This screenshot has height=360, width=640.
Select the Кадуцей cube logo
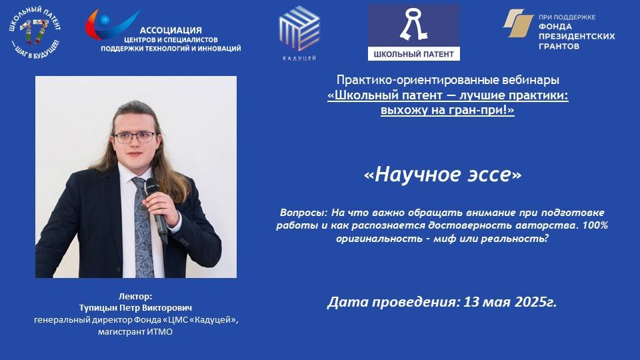[x=299, y=28]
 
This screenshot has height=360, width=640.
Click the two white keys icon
[x=413, y=25]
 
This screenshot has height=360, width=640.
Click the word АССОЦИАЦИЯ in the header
[x=171, y=30]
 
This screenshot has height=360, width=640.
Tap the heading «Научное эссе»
[x=443, y=174]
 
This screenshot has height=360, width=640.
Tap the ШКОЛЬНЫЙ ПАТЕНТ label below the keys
[x=413, y=52]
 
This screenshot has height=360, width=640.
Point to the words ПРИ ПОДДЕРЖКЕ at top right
[x=567, y=17]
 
